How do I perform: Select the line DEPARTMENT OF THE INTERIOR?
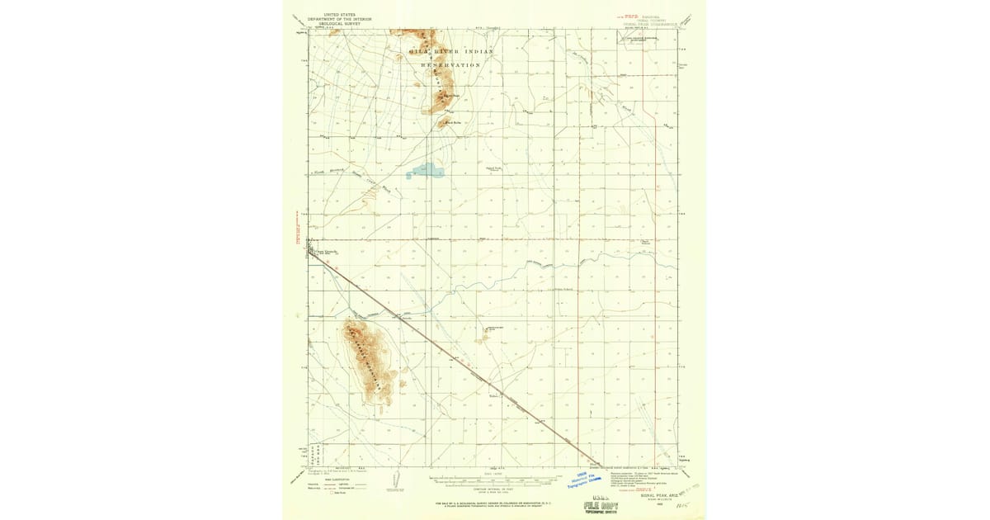coord(339,19)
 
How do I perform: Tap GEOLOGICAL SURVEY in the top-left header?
coord(339,24)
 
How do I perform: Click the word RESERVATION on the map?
coord(450,64)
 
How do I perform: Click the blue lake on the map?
coord(426,172)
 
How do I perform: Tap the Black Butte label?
coord(453,124)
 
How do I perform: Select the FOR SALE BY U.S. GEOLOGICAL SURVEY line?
coord(495,503)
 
